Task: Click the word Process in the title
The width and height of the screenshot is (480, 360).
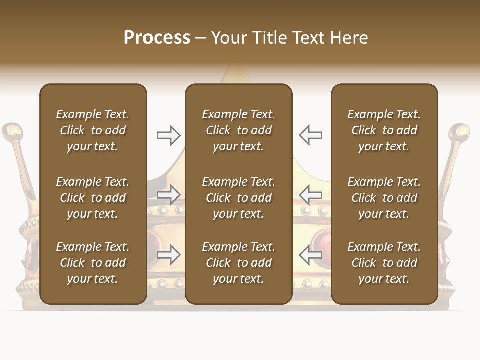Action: pyautogui.click(x=157, y=38)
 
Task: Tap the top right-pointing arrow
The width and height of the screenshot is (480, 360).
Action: pyautogui.click(x=168, y=135)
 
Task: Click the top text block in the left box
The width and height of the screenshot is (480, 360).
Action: pyautogui.click(x=93, y=130)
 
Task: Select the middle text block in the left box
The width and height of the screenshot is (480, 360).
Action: pyautogui.click(x=93, y=198)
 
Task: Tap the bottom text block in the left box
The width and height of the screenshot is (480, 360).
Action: pyautogui.click(x=93, y=263)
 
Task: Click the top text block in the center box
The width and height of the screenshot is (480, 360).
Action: pyautogui.click(x=238, y=130)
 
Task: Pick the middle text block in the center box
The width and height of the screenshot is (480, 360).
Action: pyautogui.click(x=238, y=198)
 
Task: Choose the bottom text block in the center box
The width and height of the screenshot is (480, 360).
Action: pyautogui.click(x=238, y=263)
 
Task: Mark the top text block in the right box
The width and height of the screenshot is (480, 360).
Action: pyautogui.click(x=384, y=130)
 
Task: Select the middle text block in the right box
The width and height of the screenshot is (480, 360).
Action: pyautogui.click(x=384, y=198)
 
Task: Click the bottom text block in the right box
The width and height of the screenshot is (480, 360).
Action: pyautogui.click(x=384, y=263)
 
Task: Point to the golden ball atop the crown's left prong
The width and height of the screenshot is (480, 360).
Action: pyautogui.click(x=13, y=132)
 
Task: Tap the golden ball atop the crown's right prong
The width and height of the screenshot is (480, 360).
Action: pyautogui.click(x=459, y=132)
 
